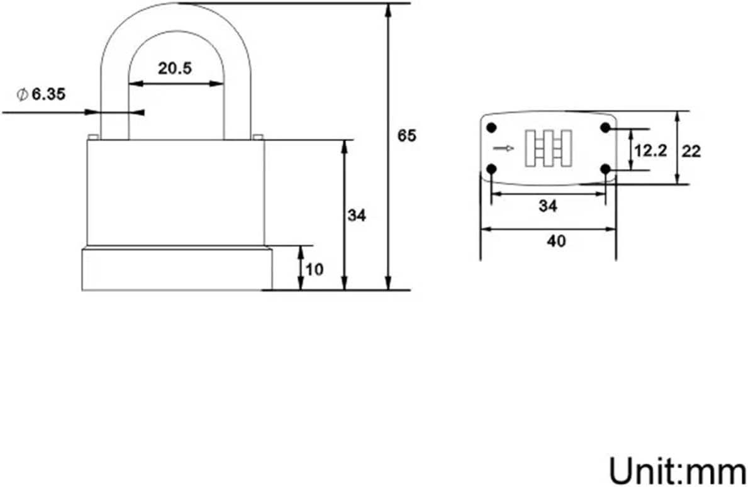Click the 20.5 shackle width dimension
click(174, 69)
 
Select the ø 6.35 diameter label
click(42, 94)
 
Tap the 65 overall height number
click(407, 135)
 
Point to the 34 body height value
click(357, 216)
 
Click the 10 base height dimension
click(315, 269)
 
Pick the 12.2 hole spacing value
click(650, 151)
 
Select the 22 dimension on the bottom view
click(691, 151)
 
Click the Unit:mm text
click(676, 469)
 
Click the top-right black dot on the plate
click(605, 128)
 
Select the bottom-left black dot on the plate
click(491, 169)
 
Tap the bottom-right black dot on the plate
click(605, 169)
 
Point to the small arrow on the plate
click(503, 148)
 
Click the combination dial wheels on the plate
click(548, 148)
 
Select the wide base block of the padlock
click(177, 269)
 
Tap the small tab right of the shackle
click(257, 137)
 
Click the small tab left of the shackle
click(92, 137)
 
